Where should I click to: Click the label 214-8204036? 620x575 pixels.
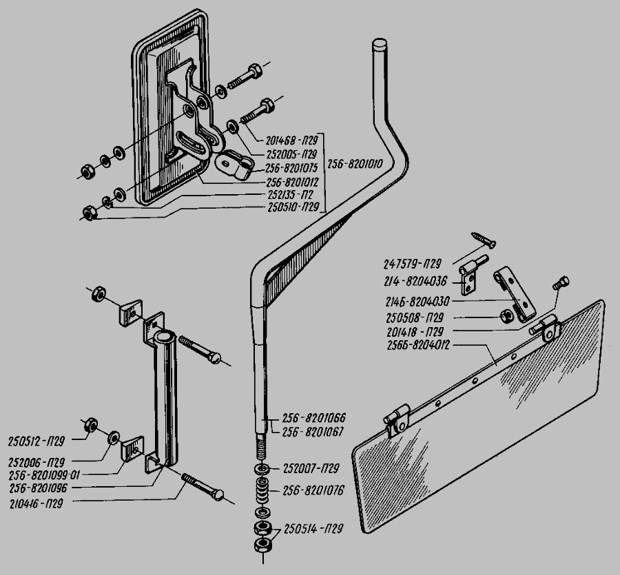412,282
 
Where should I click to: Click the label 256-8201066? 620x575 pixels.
313,418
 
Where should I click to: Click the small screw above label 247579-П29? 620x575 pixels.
485,240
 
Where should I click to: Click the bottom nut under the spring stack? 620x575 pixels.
262,545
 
